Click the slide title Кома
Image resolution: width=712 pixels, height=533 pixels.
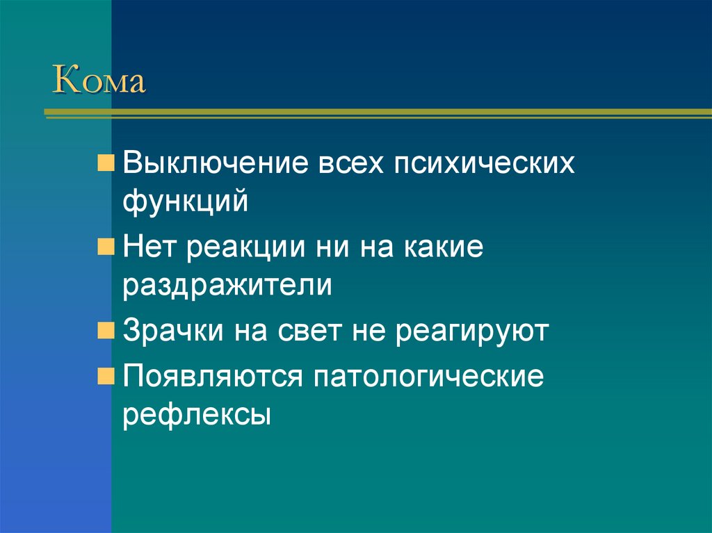pyautogui.click(x=99, y=81)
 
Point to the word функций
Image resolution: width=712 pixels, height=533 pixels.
pyautogui.click(x=186, y=202)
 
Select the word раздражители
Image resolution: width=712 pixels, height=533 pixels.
pyautogui.click(x=227, y=286)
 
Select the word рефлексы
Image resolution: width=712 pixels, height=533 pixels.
pyautogui.click(x=196, y=416)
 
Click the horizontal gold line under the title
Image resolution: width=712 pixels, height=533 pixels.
pyautogui.click(x=375, y=112)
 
